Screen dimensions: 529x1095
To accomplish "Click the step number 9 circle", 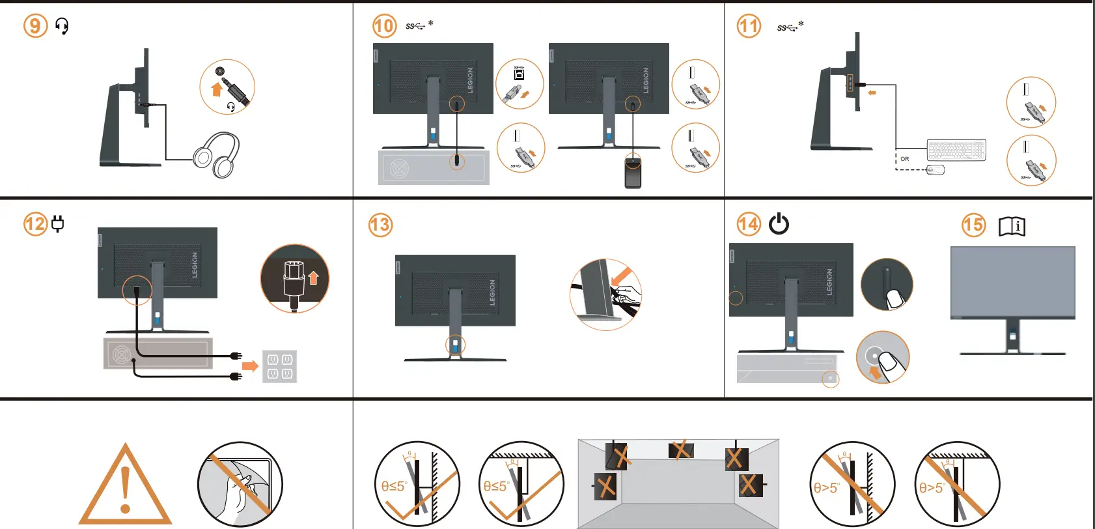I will click(x=36, y=26).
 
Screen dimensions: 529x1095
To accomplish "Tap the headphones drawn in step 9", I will click(x=217, y=154).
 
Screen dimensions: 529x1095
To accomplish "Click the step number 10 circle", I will click(x=384, y=26).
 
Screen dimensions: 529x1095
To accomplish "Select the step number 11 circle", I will click(x=749, y=26).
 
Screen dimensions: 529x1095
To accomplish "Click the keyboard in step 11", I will click(x=956, y=150).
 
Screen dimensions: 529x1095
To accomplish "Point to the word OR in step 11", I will click(x=904, y=159).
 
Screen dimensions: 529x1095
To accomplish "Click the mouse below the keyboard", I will click(x=935, y=170).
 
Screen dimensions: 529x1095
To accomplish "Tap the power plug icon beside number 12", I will click(x=58, y=224).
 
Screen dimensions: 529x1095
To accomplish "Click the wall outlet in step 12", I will click(x=279, y=366).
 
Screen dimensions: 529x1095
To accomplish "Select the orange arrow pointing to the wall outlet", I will click(x=250, y=366).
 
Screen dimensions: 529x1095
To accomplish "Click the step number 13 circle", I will click(x=380, y=225).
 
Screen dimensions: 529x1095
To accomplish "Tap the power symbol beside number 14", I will click(x=779, y=224).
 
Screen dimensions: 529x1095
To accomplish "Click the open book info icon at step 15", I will click(x=1012, y=226).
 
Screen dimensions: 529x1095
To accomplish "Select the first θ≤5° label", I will click(x=394, y=487).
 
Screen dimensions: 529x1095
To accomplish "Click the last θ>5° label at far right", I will click(x=932, y=487).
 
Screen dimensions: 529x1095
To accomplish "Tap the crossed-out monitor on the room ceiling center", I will click(x=681, y=450).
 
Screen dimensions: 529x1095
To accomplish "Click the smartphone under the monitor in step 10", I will click(x=633, y=172).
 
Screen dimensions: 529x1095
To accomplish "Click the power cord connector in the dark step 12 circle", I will click(x=294, y=280).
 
